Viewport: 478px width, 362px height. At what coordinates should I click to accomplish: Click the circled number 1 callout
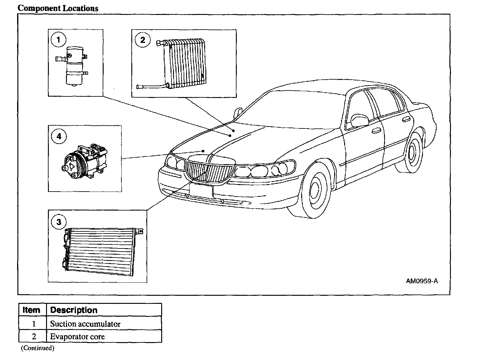coord(59,39)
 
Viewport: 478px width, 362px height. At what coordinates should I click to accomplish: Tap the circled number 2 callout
coord(143,40)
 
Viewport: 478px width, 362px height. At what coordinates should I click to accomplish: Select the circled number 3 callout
coord(59,222)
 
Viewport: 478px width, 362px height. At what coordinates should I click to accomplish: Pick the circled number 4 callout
coord(59,136)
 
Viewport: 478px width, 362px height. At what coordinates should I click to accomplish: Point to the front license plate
coord(201,190)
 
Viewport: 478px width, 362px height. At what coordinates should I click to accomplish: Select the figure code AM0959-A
coord(422,281)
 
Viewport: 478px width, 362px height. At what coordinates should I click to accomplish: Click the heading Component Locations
coord(58,8)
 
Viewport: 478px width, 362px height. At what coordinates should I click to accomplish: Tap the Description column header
coord(74,310)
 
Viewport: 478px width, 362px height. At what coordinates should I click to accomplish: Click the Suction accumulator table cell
coord(85,324)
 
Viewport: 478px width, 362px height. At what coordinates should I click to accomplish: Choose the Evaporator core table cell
coord(77,336)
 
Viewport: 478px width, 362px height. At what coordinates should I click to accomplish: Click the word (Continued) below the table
coord(37,348)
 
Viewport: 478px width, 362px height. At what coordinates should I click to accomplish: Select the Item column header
coord(32,310)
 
